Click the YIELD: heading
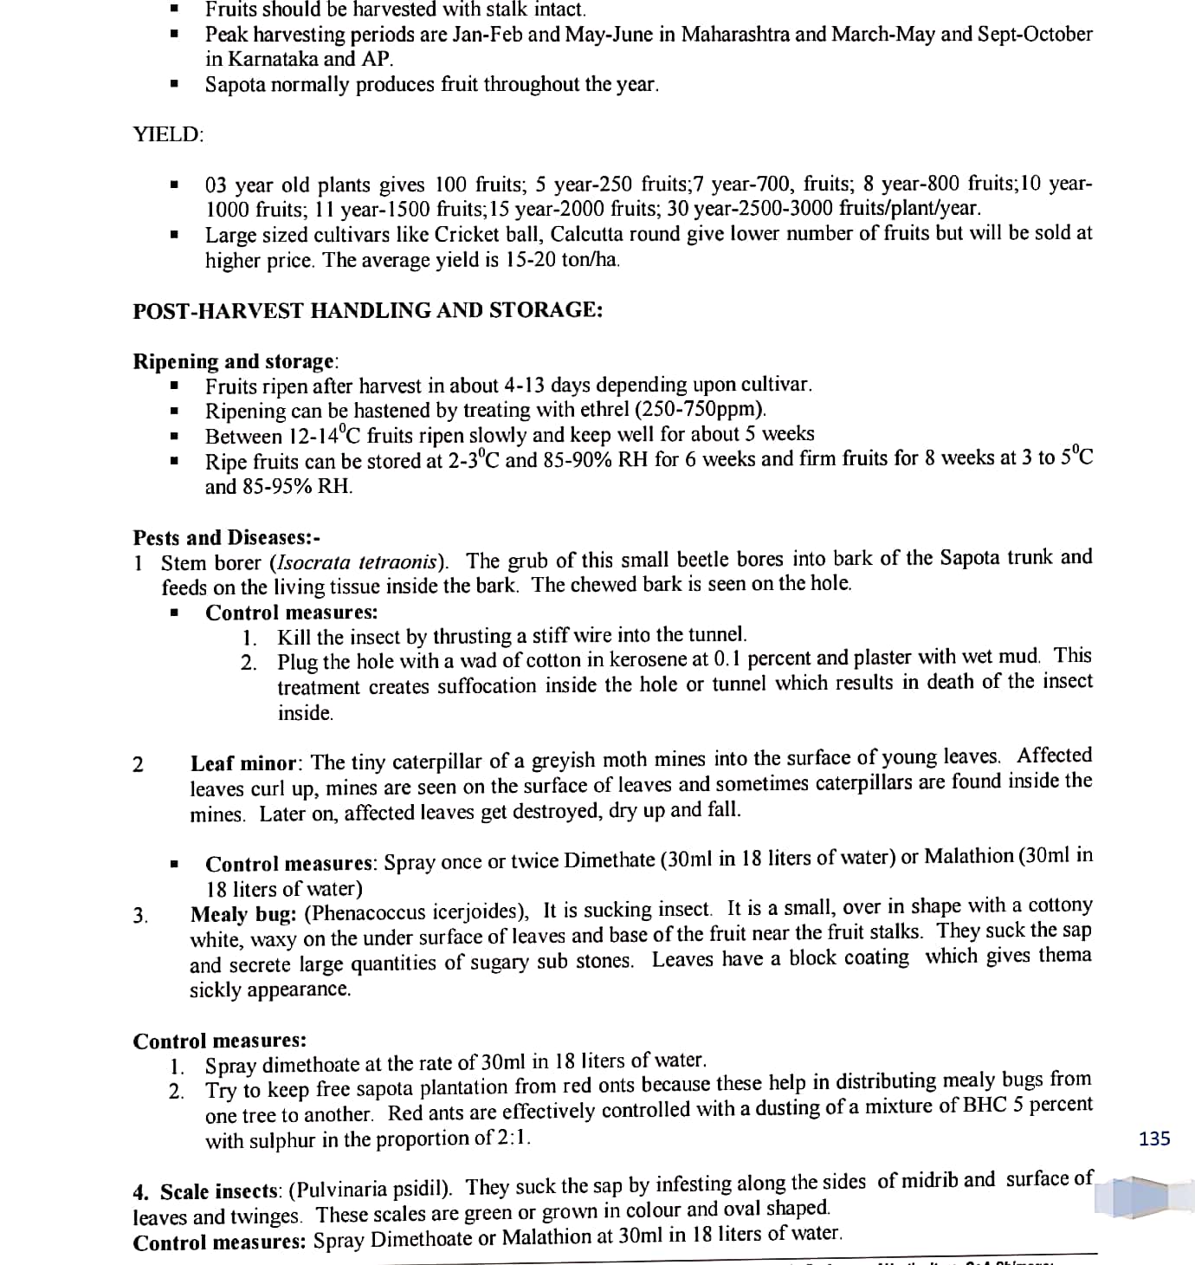click(168, 134)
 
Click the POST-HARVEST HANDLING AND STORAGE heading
click(367, 310)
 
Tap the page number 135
click(1154, 1138)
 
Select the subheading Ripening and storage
click(234, 360)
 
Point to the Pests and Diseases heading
click(227, 537)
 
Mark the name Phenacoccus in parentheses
click(360, 912)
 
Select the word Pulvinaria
click(343, 1188)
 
